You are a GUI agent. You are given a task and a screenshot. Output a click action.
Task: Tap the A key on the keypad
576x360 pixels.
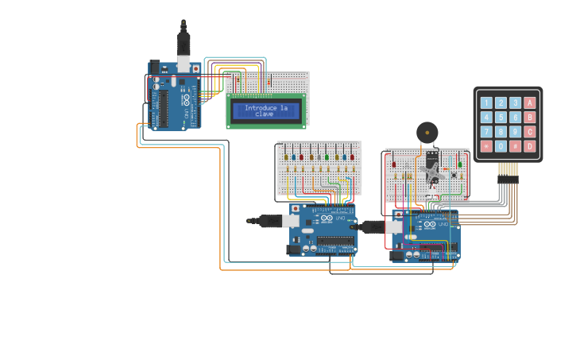pos(530,103)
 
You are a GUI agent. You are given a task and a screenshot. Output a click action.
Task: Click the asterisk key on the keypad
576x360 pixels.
pos(486,146)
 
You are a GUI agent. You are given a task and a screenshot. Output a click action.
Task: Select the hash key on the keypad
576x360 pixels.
pos(515,146)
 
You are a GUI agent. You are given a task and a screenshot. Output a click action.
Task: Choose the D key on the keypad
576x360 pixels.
pos(530,146)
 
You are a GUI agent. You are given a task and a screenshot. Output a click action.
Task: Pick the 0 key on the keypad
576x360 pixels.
pos(501,146)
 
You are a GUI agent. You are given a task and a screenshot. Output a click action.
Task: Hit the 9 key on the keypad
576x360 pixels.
pos(515,132)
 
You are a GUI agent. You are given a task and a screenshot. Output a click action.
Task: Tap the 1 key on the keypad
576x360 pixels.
pos(486,103)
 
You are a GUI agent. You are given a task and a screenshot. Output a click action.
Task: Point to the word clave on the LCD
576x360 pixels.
pos(265,114)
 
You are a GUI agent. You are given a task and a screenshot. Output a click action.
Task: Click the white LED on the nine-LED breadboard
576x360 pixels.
pos(318,157)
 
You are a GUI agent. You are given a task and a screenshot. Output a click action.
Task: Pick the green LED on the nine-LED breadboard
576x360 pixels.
pos(327,157)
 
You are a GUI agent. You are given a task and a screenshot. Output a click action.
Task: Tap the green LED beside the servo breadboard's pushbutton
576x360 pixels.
pos(460,165)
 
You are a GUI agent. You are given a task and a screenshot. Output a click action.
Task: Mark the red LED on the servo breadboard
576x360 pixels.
pos(394,165)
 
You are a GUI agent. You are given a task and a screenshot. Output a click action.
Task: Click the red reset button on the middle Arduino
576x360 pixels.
pos(296,209)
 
